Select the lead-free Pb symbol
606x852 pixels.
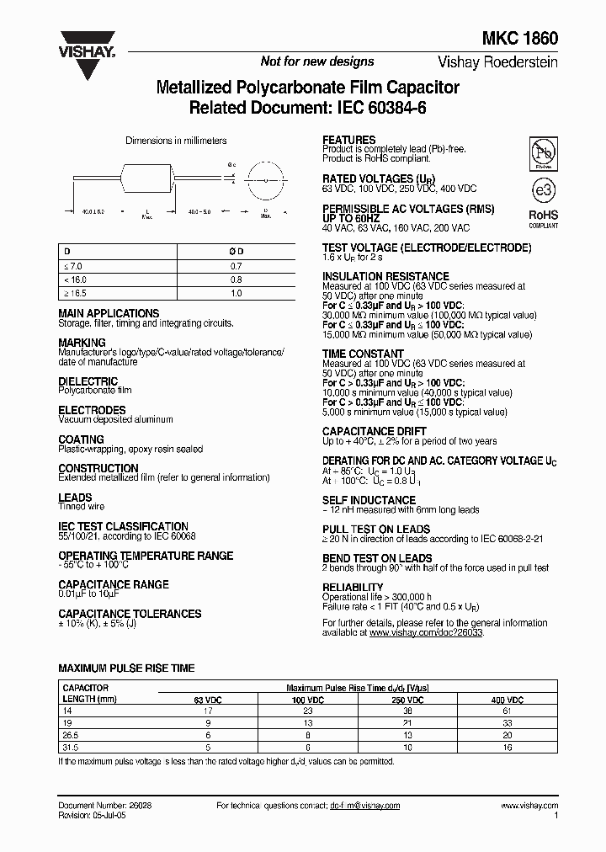click(542, 155)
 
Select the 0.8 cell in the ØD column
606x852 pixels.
click(236, 279)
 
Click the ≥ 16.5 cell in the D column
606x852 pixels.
click(76, 293)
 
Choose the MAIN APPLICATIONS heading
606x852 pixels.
click(109, 313)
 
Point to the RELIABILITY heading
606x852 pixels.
click(353, 587)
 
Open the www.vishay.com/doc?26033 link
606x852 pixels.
click(426, 632)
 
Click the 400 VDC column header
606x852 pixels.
click(508, 700)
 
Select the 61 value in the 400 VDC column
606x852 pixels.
click(508, 711)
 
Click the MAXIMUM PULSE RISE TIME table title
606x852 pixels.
click(126, 668)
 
